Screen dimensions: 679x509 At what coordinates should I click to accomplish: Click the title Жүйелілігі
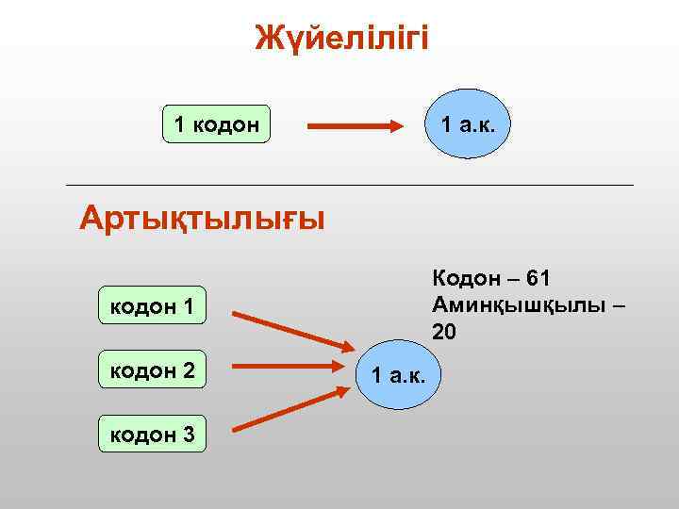click(341, 39)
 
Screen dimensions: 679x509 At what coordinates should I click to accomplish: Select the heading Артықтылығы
click(202, 218)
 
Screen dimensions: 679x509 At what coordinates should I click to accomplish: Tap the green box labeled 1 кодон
click(216, 123)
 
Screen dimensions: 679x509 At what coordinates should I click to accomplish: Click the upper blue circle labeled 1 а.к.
click(468, 123)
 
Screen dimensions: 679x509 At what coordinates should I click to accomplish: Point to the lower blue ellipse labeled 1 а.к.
click(400, 376)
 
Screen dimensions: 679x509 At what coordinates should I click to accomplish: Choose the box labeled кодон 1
click(153, 305)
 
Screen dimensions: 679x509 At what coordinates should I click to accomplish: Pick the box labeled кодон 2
click(153, 370)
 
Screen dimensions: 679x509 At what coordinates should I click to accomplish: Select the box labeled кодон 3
click(153, 435)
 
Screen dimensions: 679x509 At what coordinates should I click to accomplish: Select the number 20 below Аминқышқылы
click(444, 331)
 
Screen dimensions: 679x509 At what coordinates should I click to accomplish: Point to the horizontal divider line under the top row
click(349, 185)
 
